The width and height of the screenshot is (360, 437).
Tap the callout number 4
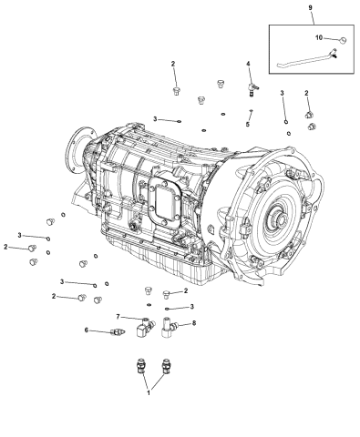coord(248,64)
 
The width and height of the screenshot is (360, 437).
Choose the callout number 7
coord(118,317)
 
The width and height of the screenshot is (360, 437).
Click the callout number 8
coord(193,323)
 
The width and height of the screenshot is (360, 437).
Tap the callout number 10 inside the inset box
coord(320,39)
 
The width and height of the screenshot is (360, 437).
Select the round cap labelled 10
coord(340,40)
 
